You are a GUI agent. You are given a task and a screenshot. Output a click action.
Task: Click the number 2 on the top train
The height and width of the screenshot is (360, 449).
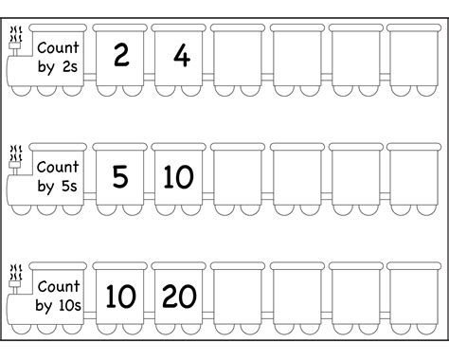click(120, 56)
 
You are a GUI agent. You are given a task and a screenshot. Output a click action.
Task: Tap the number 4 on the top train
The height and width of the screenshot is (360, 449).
click(180, 56)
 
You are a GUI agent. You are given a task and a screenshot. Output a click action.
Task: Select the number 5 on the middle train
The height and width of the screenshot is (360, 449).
click(120, 175)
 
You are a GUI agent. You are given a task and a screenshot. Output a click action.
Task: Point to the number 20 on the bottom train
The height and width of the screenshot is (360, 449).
click(180, 296)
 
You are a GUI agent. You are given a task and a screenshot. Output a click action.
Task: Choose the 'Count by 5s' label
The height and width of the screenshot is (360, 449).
click(59, 175)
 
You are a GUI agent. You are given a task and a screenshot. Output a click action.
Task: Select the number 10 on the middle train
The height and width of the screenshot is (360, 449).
click(180, 175)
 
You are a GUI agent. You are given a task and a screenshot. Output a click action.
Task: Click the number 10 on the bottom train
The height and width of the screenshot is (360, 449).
click(120, 296)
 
